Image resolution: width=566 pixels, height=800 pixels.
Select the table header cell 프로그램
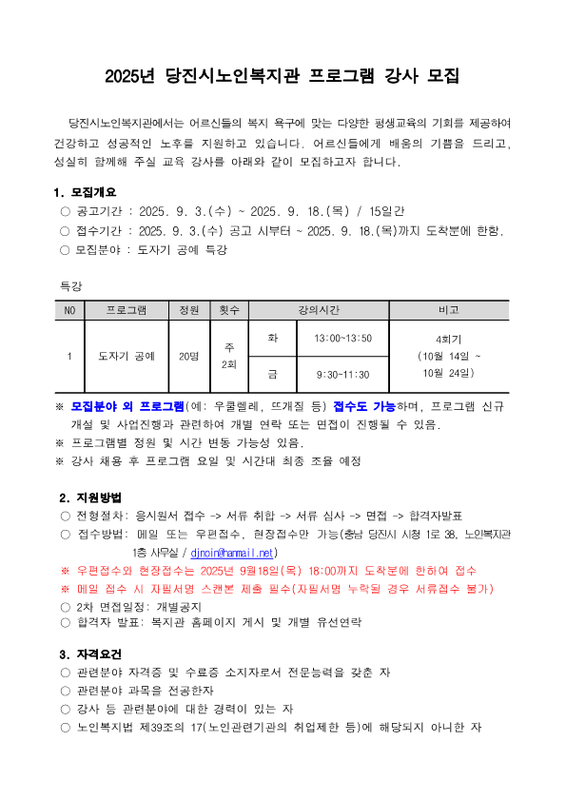tap(126, 311)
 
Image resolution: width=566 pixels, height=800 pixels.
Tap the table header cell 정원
tap(188, 311)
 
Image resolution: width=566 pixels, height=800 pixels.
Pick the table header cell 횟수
tap(228, 311)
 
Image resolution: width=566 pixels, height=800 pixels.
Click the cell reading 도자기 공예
tap(126, 356)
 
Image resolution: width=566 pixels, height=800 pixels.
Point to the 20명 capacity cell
tap(188, 356)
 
